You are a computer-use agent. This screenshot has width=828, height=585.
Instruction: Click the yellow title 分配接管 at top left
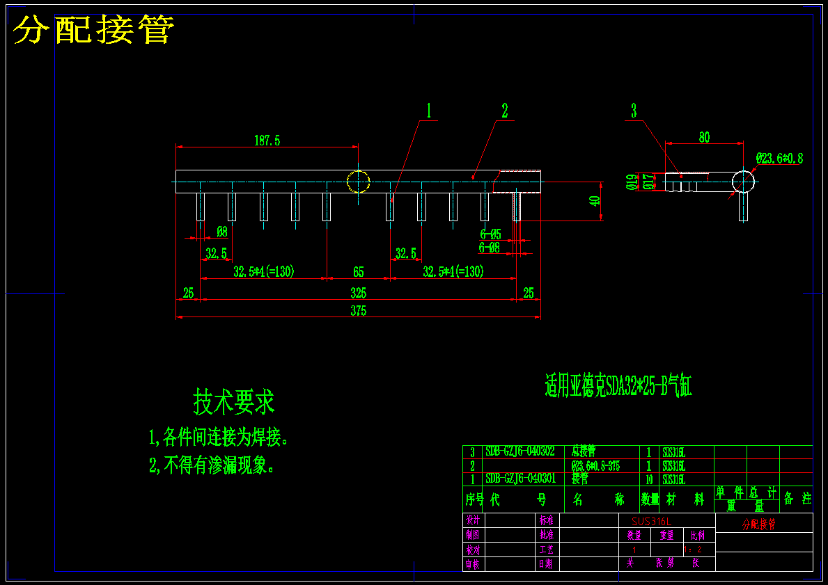pyautogui.click(x=93, y=30)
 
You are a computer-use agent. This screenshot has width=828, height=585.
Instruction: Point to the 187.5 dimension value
pyautogui.click(x=267, y=141)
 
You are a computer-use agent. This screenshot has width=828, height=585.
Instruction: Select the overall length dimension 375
pyautogui.click(x=358, y=311)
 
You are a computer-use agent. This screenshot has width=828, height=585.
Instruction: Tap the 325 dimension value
pyautogui.click(x=358, y=293)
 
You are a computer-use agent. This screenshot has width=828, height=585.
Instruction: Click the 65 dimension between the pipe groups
pyautogui.click(x=358, y=272)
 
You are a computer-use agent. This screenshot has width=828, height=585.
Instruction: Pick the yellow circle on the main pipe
pyautogui.click(x=358, y=182)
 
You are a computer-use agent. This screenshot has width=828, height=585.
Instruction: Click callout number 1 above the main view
pyautogui.click(x=429, y=111)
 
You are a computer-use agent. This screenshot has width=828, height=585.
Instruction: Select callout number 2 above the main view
pyautogui.click(x=505, y=111)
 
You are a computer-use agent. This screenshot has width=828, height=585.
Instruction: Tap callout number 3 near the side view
pyautogui.click(x=634, y=111)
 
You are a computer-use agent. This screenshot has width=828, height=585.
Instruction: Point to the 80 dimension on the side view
pyautogui.click(x=704, y=138)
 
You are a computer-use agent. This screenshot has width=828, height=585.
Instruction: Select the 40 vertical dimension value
pyautogui.click(x=594, y=201)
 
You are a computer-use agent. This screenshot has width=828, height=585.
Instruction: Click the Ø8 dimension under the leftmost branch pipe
pyautogui.click(x=221, y=232)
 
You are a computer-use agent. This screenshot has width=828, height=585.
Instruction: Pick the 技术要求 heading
pyautogui.click(x=234, y=401)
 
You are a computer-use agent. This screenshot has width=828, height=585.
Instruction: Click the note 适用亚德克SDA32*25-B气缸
pyautogui.click(x=618, y=386)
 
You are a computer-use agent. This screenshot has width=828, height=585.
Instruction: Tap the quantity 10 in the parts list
pyautogui.click(x=649, y=479)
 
